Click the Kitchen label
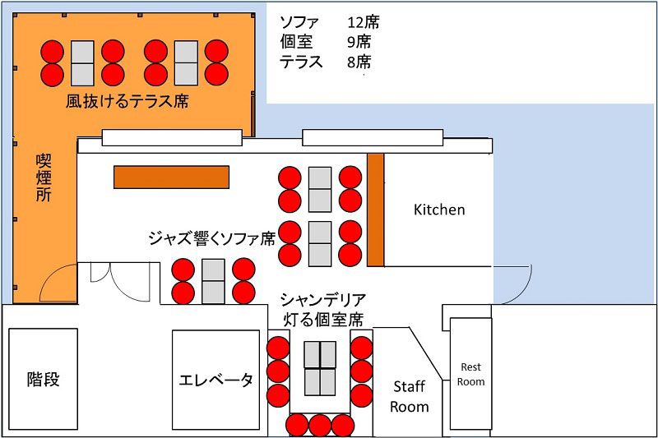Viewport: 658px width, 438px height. [x=439, y=210]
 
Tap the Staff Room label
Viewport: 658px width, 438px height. [x=409, y=397]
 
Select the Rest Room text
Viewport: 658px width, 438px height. [x=470, y=374]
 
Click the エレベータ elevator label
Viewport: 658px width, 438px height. [x=215, y=380]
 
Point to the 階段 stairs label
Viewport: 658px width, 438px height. [x=44, y=379]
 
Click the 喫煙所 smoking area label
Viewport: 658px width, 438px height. [x=44, y=178]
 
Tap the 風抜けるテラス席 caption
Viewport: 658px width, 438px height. [x=127, y=101]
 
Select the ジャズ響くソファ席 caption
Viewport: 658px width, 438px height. [x=212, y=238]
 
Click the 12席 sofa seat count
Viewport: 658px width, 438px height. [x=363, y=22]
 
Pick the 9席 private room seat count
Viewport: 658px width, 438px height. [x=359, y=42]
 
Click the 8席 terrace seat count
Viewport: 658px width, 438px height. [x=359, y=62]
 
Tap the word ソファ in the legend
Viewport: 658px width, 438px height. [x=299, y=22]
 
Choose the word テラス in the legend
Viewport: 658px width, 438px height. [x=301, y=62]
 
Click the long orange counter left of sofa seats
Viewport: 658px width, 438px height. [x=171, y=177]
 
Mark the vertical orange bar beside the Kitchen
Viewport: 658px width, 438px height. [x=376, y=210]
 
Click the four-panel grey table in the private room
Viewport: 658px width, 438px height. [x=320, y=368]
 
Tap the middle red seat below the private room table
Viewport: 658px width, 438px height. [x=320, y=425]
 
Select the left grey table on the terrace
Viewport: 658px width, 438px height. [x=82, y=63]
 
